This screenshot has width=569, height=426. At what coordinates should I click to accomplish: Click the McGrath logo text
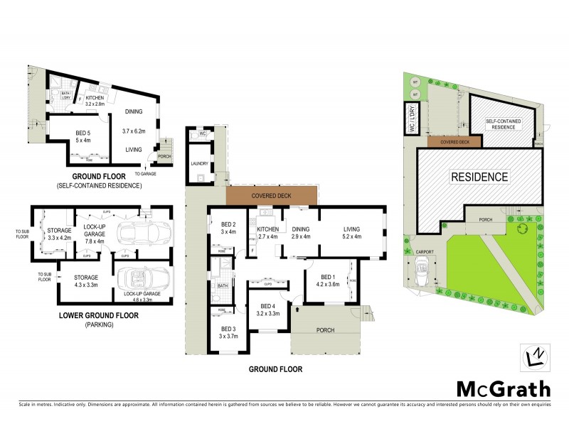[502, 388]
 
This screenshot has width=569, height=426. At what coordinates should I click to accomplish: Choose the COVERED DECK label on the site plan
[454, 141]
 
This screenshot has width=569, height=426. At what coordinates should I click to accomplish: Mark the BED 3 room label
[228, 332]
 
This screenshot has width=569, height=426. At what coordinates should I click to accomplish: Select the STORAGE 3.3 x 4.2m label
[54, 234]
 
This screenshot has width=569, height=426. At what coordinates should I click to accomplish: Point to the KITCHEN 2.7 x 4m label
[267, 232]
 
